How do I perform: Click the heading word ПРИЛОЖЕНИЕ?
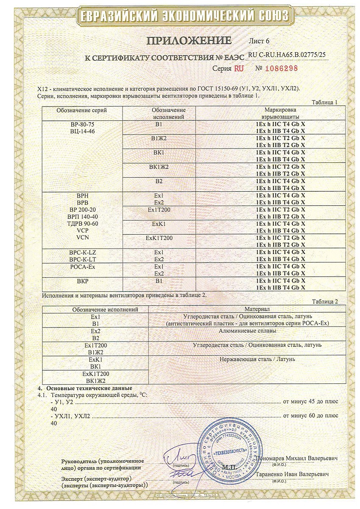[x=189, y=41]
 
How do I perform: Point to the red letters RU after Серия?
[x=238, y=68]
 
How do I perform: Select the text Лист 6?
[x=259, y=42]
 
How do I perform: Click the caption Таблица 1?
[x=324, y=103]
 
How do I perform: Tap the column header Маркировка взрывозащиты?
[x=280, y=113]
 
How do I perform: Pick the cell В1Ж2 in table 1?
[x=159, y=138]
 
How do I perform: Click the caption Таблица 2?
[x=324, y=302]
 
